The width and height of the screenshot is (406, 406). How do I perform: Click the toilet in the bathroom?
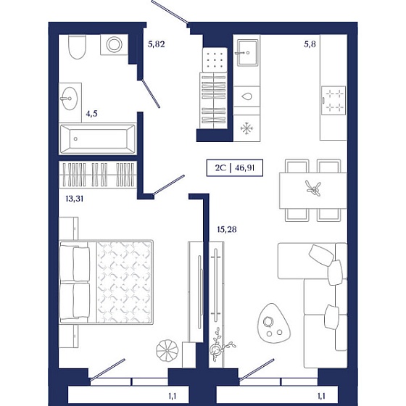77,47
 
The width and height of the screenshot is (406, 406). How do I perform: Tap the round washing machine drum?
115,44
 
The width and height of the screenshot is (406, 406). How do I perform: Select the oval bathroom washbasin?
70,99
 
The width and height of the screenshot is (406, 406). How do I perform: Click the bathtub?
98,138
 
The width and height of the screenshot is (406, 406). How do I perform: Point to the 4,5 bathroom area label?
91,114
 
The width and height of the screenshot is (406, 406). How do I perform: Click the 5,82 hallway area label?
156,44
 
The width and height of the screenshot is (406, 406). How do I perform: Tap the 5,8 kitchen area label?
310,44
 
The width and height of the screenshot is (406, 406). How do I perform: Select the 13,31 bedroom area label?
74,199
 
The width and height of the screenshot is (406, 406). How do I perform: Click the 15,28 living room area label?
226,229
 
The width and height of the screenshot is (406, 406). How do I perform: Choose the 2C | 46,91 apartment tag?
235,167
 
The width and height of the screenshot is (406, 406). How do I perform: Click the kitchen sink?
247,52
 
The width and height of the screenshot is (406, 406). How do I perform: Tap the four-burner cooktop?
333,100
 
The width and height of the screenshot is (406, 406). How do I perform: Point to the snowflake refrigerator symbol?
246,128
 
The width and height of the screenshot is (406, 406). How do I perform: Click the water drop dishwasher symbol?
246,96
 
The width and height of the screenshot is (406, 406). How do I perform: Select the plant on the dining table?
314,188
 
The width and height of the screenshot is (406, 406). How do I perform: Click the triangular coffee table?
273,323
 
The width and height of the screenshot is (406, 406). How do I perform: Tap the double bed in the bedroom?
106,282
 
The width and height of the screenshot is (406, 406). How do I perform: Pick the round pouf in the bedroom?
167,350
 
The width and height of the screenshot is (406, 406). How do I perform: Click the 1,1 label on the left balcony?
173,396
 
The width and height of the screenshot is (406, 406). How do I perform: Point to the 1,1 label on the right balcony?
321,396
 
